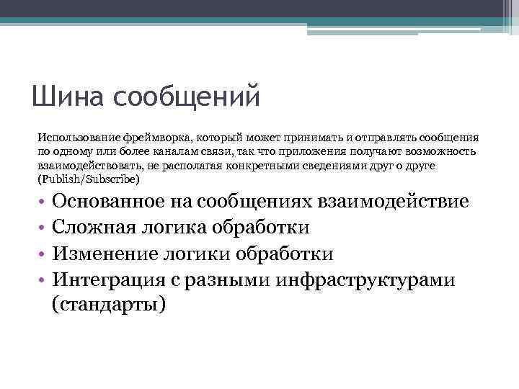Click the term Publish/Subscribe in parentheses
pos(92,179)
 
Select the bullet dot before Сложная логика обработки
pos(43,228)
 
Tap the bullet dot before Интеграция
pos(43,280)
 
